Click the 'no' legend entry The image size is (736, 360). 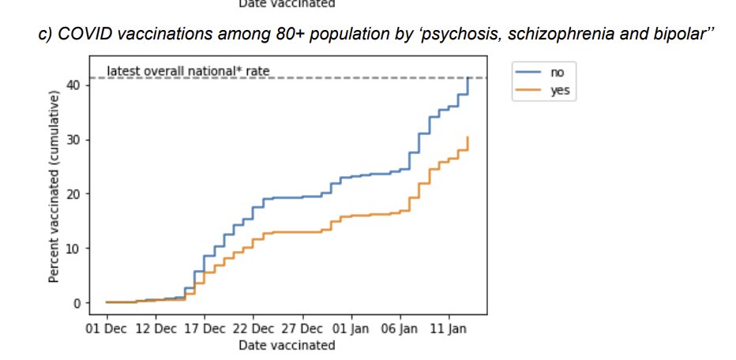point(558,72)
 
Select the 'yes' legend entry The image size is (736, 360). point(559,91)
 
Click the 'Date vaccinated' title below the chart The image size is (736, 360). point(287,345)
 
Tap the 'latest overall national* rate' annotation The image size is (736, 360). point(188,71)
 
